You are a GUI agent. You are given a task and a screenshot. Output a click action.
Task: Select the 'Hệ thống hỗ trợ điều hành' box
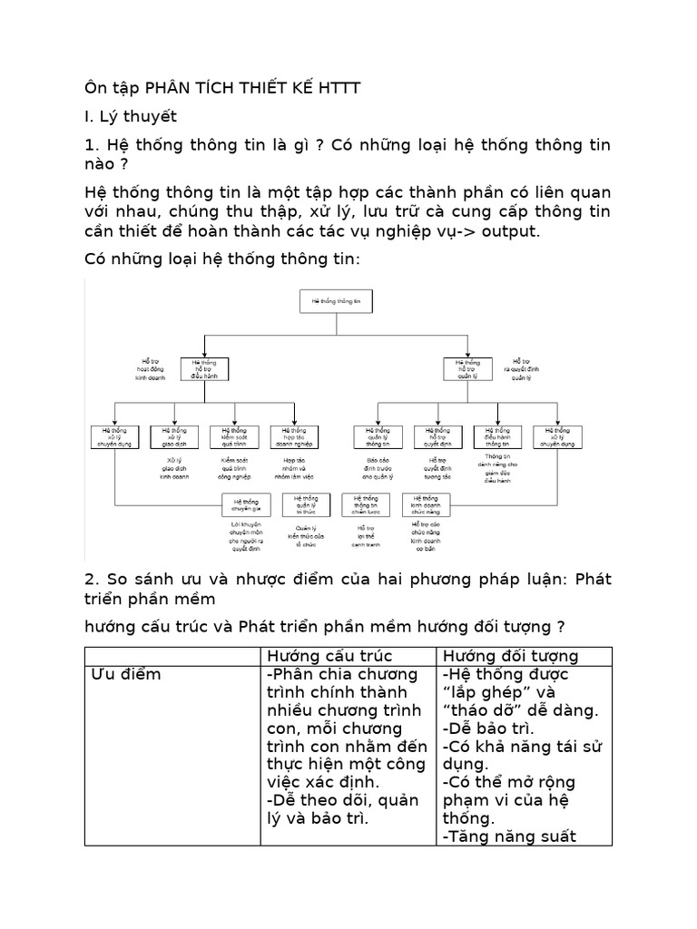[x=205, y=368]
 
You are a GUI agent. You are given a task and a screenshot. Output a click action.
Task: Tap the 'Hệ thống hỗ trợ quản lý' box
[x=467, y=368]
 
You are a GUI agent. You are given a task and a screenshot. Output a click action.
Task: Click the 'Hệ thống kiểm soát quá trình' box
[x=234, y=436]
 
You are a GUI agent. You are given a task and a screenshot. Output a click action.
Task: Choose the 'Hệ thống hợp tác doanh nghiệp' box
[x=293, y=436]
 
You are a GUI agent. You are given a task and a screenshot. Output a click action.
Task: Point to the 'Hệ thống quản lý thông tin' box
[x=378, y=436]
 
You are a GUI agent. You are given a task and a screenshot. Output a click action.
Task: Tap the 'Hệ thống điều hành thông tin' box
[x=497, y=436]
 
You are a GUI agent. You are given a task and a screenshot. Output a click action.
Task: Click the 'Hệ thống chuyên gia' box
[x=246, y=504]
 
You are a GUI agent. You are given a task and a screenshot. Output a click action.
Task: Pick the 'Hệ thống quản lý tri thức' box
[x=305, y=504]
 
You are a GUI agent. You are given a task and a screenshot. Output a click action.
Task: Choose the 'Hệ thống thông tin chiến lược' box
[x=365, y=504]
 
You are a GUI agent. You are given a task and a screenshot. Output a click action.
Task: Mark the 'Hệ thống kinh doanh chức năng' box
[x=426, y=504]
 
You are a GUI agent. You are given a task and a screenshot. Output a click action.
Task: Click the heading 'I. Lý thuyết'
[x=131, y=116]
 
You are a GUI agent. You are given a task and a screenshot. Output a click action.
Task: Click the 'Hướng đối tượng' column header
[x=510, y=655]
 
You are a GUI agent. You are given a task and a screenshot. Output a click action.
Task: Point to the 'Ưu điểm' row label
[x=127, y=674]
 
